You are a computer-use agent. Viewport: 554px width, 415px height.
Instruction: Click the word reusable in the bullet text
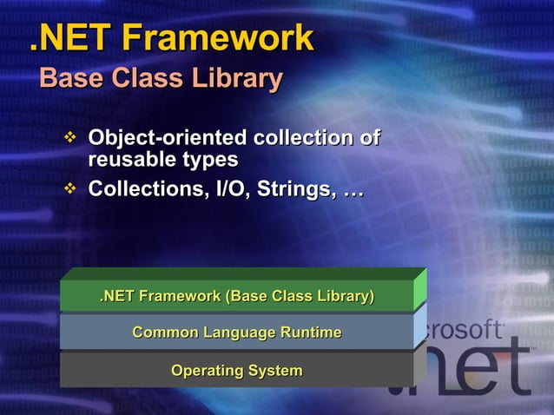click(x=126, y=160)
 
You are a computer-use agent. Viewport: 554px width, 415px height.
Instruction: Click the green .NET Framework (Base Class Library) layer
click(x=237, y=296)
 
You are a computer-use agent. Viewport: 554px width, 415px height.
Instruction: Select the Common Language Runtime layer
click(x=237, y=333)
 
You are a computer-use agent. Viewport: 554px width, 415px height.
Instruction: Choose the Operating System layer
click(x=237, y=371)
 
